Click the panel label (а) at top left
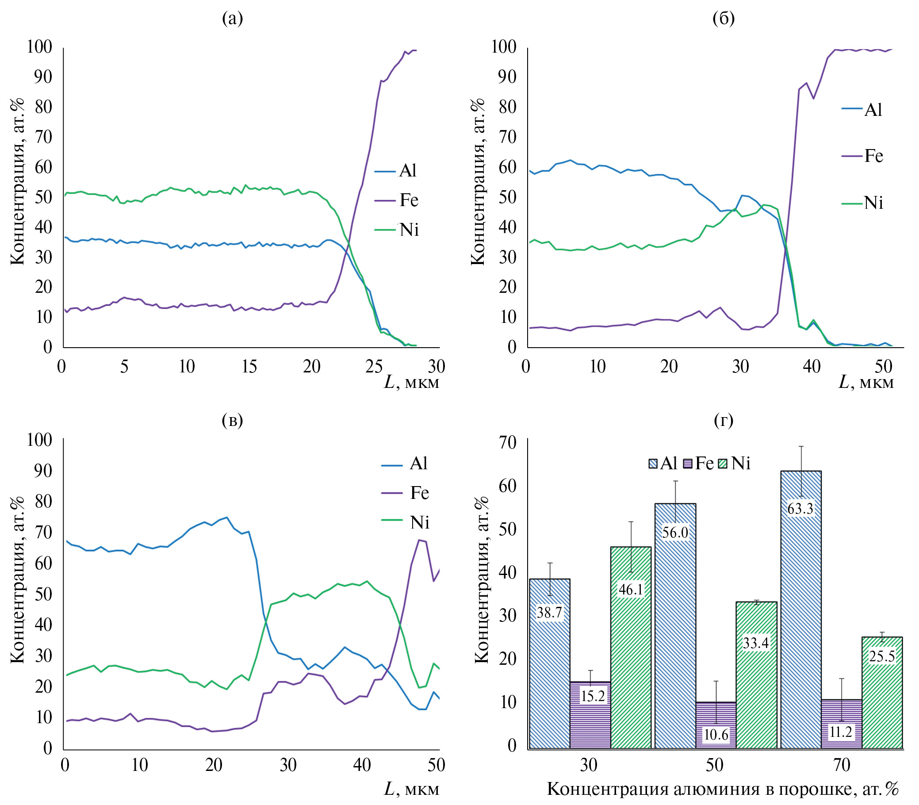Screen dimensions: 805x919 [232, 19]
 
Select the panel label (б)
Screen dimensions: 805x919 [723, 19]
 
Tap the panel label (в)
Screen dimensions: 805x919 [232, 420]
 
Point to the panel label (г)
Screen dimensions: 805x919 [723, 420]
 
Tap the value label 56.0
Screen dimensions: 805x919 [675, 533]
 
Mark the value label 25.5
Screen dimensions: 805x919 [882, 656]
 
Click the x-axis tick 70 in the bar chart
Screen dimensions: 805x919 [841, 765]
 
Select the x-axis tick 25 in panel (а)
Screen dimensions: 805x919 [374, 367]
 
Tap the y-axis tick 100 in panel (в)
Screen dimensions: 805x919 [39, 440]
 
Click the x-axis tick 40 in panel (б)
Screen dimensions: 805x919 [812, 367]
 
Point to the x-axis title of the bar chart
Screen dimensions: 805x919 [723, 789]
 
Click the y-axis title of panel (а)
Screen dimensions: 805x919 [17, 182]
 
